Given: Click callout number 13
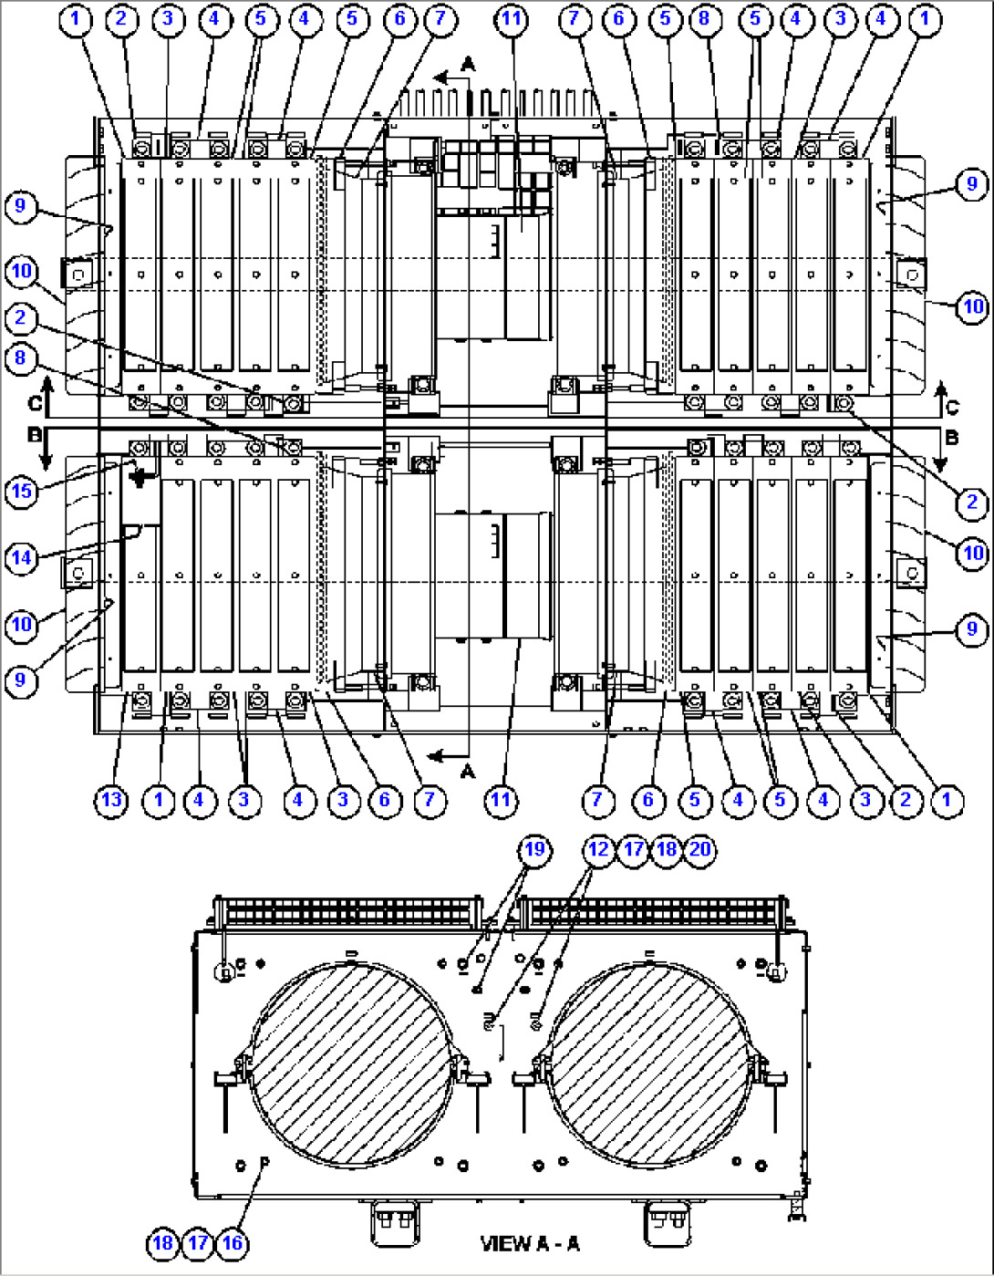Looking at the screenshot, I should click(111, 801).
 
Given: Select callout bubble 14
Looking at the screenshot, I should click(21, 556).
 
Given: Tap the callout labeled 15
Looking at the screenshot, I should click(21, 492).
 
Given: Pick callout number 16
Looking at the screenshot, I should click(233, 1242).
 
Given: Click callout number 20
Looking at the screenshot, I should click(699, 849).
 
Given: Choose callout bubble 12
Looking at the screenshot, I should click(598, 849).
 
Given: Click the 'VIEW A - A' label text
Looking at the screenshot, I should click(529, 1243).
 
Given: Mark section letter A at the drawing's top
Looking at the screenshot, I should click(468, 64).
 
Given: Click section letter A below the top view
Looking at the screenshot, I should click(468, 772).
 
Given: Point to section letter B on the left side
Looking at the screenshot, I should click(35, 436).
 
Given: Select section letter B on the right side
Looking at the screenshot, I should click(951, 438).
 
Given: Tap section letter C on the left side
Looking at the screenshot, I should click(35, 403).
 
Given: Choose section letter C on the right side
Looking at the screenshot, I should click(951, 407).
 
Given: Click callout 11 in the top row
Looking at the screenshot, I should click(513, 19).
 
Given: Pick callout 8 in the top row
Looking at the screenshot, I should click(705, 19).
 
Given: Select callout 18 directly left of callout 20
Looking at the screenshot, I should click(667, 849).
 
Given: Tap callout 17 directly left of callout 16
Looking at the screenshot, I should click(198, 1242).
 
